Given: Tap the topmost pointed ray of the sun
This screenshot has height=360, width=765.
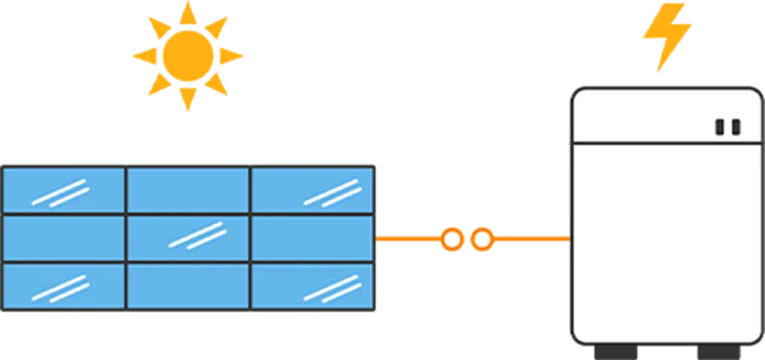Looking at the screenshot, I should (x=187, y=9).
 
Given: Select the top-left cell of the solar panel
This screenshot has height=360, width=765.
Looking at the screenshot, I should (x=64, y=189).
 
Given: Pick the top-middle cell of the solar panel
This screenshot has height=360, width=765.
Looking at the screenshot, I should (x=188, y=189).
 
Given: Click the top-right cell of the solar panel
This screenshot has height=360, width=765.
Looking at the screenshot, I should (x=312, y=189).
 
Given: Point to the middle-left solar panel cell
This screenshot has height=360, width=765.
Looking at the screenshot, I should (x=64, y=238).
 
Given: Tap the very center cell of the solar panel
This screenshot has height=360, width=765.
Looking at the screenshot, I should (x=188, y=238).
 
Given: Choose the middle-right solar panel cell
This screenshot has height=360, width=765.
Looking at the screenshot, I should (x=312, y=238).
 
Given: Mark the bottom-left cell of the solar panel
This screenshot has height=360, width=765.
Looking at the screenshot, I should (x=64, y=286).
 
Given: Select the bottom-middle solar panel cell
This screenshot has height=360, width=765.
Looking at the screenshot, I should (x=188, y=286).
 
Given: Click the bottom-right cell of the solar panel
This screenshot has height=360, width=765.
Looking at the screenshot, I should (x=312, y=286).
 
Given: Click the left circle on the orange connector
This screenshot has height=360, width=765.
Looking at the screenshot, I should (x=451, y=239).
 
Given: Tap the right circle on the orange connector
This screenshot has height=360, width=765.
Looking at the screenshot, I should (x=482, y=239).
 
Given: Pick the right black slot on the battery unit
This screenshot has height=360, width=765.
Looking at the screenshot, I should (x=736, y=127).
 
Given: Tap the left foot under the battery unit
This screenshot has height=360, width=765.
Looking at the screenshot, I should (x=617, y=354).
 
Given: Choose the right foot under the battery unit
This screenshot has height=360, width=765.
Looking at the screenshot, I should (x=720, y=354).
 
